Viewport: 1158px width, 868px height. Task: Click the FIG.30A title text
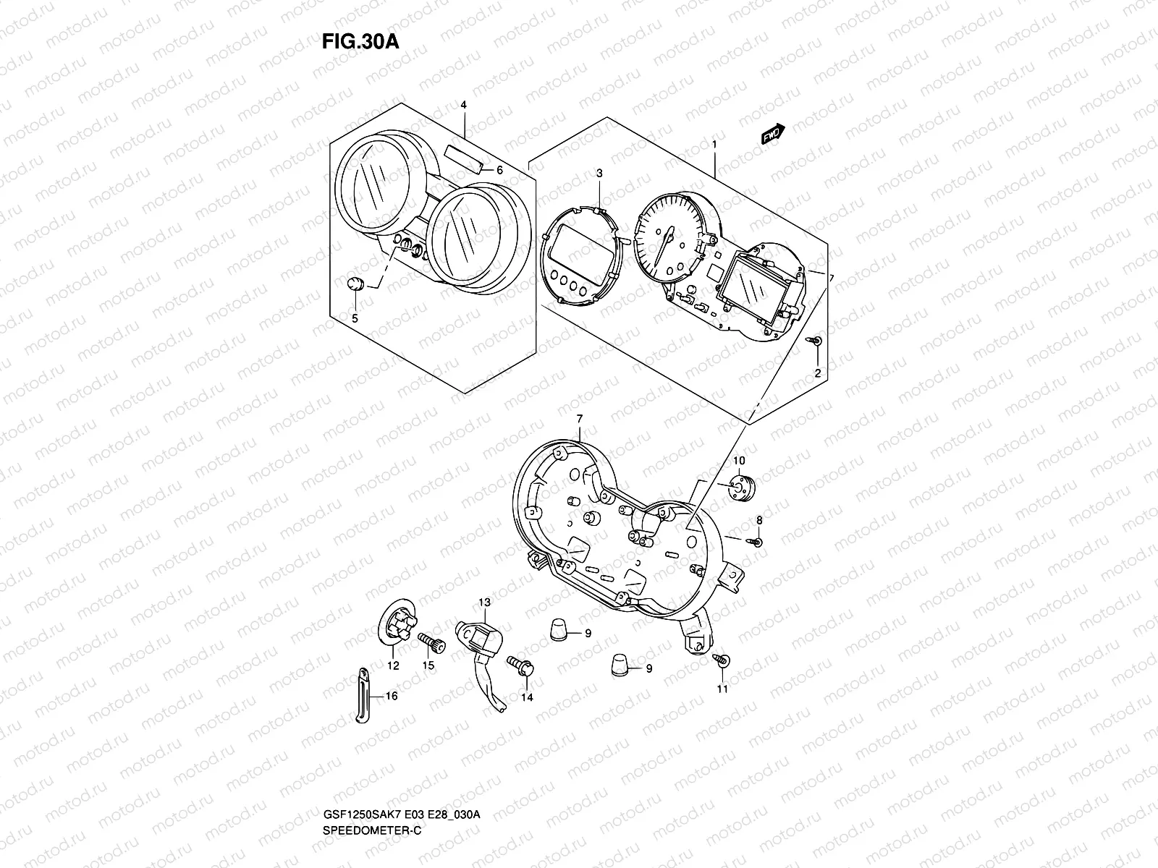point(360,41)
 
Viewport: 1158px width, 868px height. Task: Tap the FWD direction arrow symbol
point(774,135)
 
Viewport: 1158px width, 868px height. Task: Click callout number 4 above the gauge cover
point(463,106)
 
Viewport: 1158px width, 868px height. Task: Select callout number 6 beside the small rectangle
point(499,171)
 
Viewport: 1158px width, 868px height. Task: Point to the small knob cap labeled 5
point(355,284)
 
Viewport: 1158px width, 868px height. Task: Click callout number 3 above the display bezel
point(599,174)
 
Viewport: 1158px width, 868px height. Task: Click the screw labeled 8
point(756,540)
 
